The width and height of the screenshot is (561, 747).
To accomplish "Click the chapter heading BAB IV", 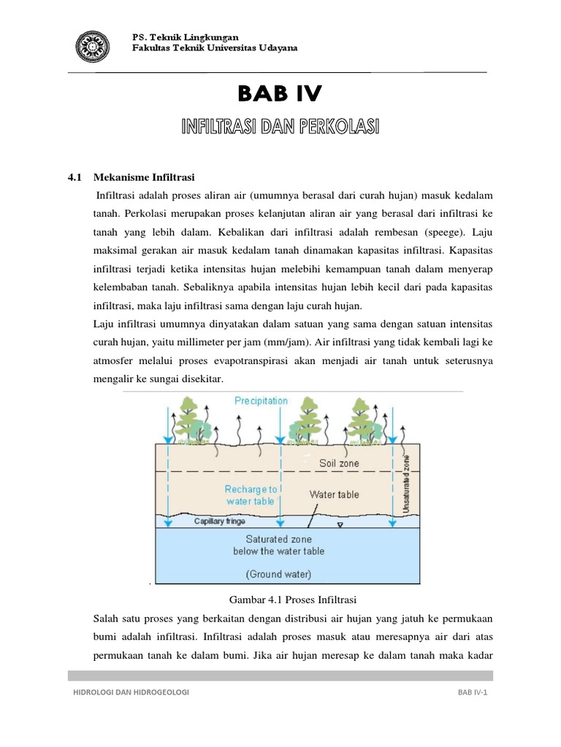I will (x=279, y=95).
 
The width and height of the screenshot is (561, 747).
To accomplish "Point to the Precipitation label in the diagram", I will (x=261, y=400).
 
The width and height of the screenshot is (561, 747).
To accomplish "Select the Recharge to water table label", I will (x=251, y=495).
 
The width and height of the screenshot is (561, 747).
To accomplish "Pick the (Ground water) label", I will (x=279, y=574).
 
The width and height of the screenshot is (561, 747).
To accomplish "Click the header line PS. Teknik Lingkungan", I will (x=184, y=37).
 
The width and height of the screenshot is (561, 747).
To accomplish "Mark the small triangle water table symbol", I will (x=340, y=525).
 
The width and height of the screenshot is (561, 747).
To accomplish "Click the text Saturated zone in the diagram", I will (x=279, y=539).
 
